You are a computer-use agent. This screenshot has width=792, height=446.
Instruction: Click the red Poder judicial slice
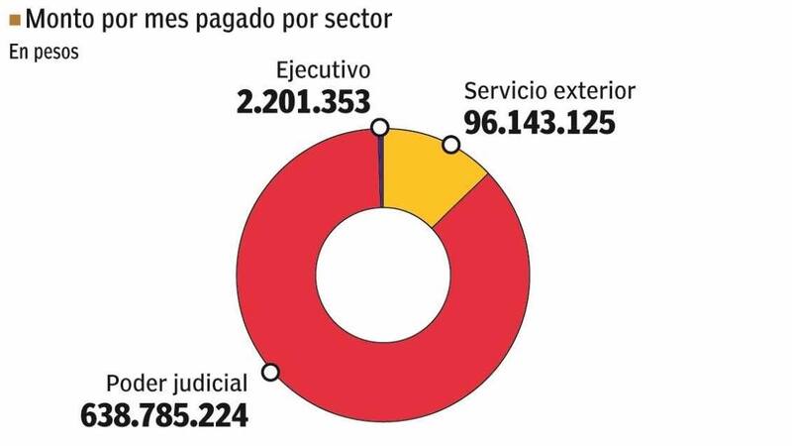(297, 327)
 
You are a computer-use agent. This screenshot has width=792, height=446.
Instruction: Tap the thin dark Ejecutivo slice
(382, 168)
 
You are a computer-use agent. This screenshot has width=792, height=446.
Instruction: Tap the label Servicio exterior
(549, 93)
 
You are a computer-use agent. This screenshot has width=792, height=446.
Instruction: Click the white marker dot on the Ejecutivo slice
(379, 127)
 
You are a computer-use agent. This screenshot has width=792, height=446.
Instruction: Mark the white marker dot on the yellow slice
(450, 146)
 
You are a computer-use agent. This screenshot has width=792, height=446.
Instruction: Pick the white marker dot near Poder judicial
(270, 373)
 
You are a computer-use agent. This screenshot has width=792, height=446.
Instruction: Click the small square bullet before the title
(14, 17)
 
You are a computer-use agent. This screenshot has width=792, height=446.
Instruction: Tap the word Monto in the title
(59, 18)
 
